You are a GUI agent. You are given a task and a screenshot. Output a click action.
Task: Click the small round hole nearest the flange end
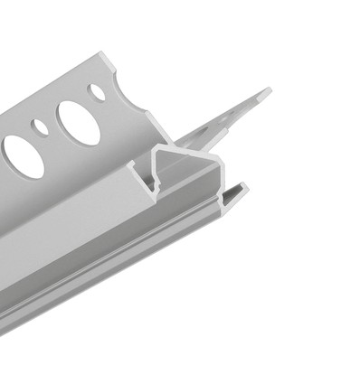coord(96,91)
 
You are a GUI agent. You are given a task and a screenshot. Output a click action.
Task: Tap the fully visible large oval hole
coord(78,122)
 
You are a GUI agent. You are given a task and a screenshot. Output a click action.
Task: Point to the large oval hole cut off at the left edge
coord(20,156)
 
